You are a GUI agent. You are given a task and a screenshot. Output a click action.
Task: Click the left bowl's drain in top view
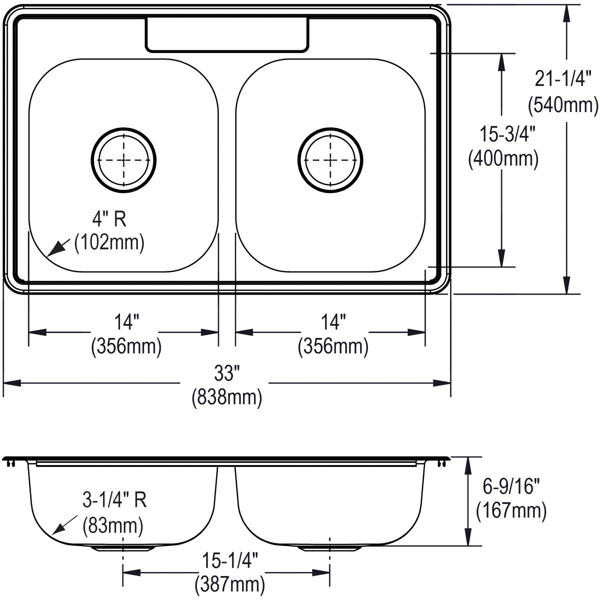click(x=123, y=159)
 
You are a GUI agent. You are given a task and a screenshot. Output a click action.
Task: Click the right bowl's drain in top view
click(x=330, y=159)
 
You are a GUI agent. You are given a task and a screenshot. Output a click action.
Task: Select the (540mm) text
click(x=563, y=105)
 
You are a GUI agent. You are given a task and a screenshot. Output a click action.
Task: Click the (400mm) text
click(x=502, y=159)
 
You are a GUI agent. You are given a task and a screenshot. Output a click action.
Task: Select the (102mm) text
click(x=109, y=242)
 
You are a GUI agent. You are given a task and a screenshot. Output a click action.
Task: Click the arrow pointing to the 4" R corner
click(x=58, y=247)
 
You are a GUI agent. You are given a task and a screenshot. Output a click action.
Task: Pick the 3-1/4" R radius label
click(x=115, y=500)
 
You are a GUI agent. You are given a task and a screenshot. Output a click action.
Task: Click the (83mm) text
click(x=112, y=525)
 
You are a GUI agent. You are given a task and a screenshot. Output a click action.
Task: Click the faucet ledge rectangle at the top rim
click(x=226, y=34)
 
